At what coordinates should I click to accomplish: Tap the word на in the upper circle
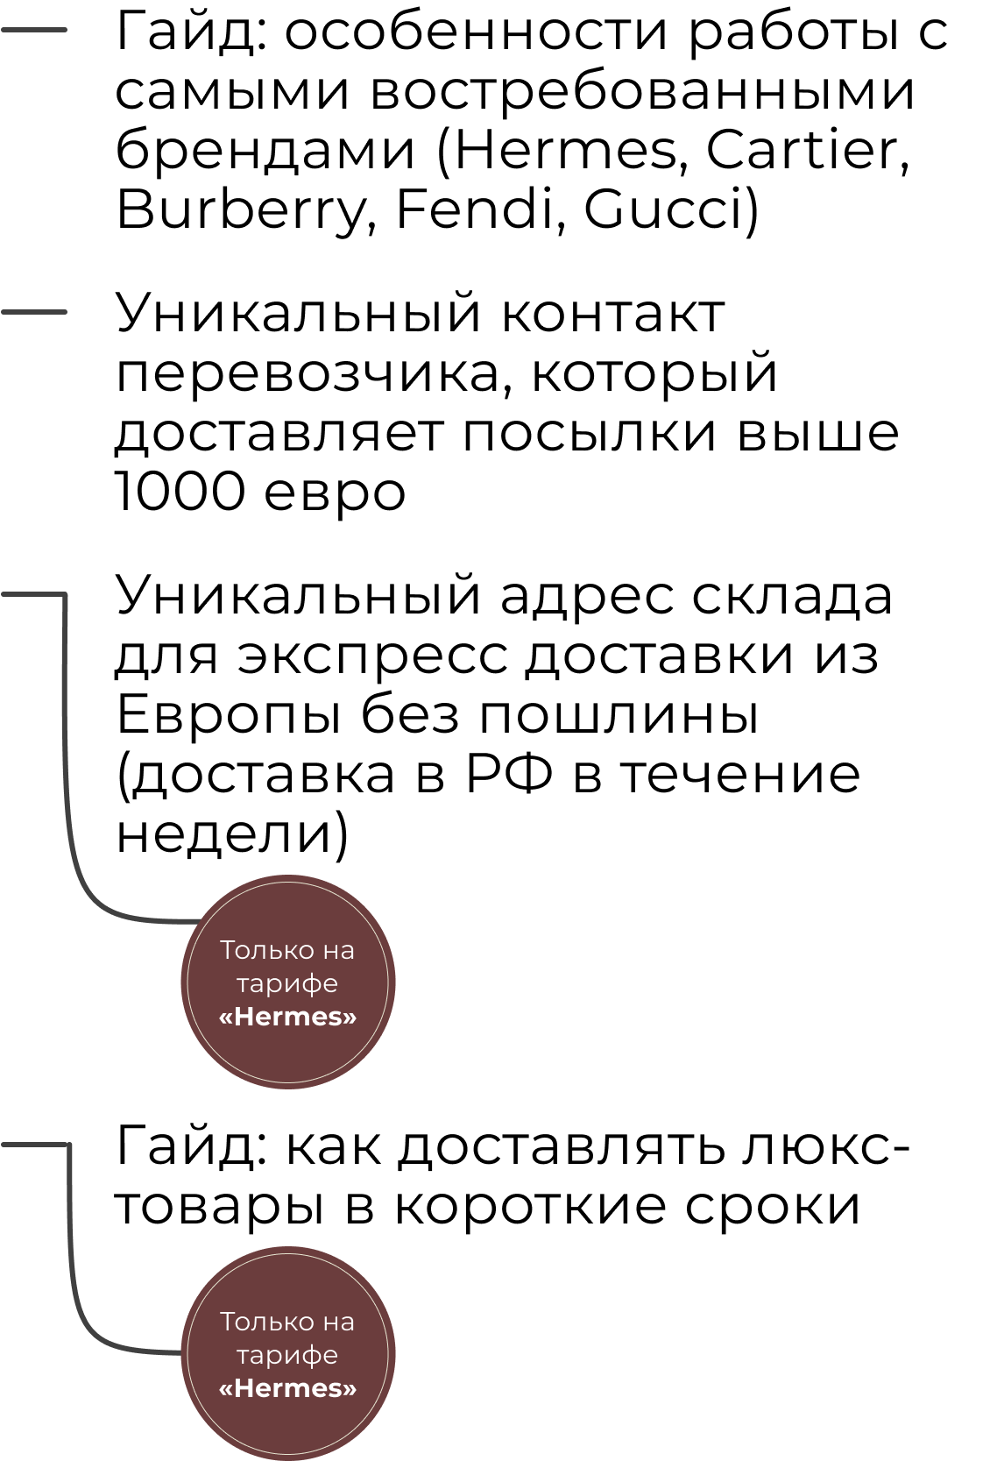tap(337, 950)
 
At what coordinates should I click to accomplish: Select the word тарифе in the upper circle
tap(287, 984)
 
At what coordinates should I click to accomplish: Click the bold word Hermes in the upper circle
tap(287, 1017)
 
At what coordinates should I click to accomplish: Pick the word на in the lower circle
tap(337, 1322)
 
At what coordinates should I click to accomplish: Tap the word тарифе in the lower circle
tap(287, 1356)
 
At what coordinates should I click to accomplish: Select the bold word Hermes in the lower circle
tap(287, 1388)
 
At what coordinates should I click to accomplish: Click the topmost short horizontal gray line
tap(34, 30)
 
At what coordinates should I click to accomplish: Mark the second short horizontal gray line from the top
tap(34, 312)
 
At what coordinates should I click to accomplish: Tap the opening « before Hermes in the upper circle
tap(226, 1018)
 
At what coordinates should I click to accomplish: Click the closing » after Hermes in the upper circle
tap(350, 1018)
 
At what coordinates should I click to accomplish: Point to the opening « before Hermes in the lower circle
tap(226, 1389)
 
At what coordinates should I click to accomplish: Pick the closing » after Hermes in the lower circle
tap(350, 1389)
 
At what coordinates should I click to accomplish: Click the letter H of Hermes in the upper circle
tap(244, 1017)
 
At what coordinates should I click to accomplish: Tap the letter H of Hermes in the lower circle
tap(244, 1388)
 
